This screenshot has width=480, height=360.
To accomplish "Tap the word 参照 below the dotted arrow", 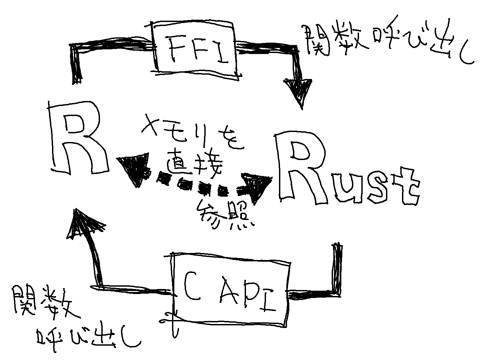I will coord(223,215).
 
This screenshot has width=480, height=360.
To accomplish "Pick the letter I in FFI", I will coord(220,51).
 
